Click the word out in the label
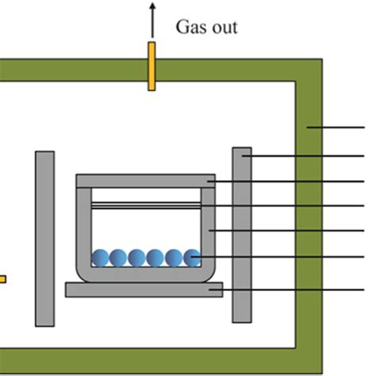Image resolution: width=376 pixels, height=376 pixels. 222,29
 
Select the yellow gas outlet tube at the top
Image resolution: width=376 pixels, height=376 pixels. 151,67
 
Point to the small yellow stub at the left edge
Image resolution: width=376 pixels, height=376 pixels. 2,278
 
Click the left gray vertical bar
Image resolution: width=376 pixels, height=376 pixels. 45,238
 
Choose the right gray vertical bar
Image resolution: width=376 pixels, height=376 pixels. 242,234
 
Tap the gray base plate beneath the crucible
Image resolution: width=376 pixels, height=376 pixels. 144,290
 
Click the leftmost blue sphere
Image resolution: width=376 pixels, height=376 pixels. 101,258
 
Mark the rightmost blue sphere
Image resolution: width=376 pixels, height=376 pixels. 193,258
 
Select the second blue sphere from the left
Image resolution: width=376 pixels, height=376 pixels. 119,258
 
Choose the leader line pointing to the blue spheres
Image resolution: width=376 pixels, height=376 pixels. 286,256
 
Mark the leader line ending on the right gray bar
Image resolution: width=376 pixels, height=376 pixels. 309,156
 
